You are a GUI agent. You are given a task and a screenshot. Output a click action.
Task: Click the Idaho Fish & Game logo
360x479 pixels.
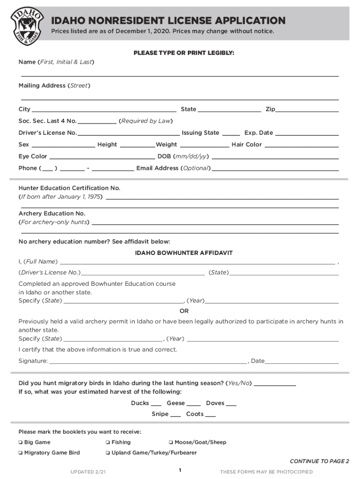[28, 25]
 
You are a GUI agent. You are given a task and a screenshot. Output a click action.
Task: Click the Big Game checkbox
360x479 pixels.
[21, 442]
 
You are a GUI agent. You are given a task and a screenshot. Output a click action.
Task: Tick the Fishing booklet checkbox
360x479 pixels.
[108, 442]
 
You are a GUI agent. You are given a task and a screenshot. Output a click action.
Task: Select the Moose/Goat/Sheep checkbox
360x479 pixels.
[171, 442]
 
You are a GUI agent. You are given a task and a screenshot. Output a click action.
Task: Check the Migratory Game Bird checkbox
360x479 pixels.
[21, 452]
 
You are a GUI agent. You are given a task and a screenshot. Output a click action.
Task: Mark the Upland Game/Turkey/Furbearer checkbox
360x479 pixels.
[108, 452]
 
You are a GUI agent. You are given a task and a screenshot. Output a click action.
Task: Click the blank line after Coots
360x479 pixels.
[210, 416]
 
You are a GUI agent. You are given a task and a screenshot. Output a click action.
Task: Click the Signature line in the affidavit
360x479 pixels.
[148, 363]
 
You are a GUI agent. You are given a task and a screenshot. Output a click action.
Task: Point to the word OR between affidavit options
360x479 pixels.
[184, 311]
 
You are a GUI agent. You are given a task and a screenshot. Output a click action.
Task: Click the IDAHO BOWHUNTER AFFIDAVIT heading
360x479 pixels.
[184, 253]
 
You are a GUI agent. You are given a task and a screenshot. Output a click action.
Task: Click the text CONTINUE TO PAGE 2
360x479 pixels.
[319, 461]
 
